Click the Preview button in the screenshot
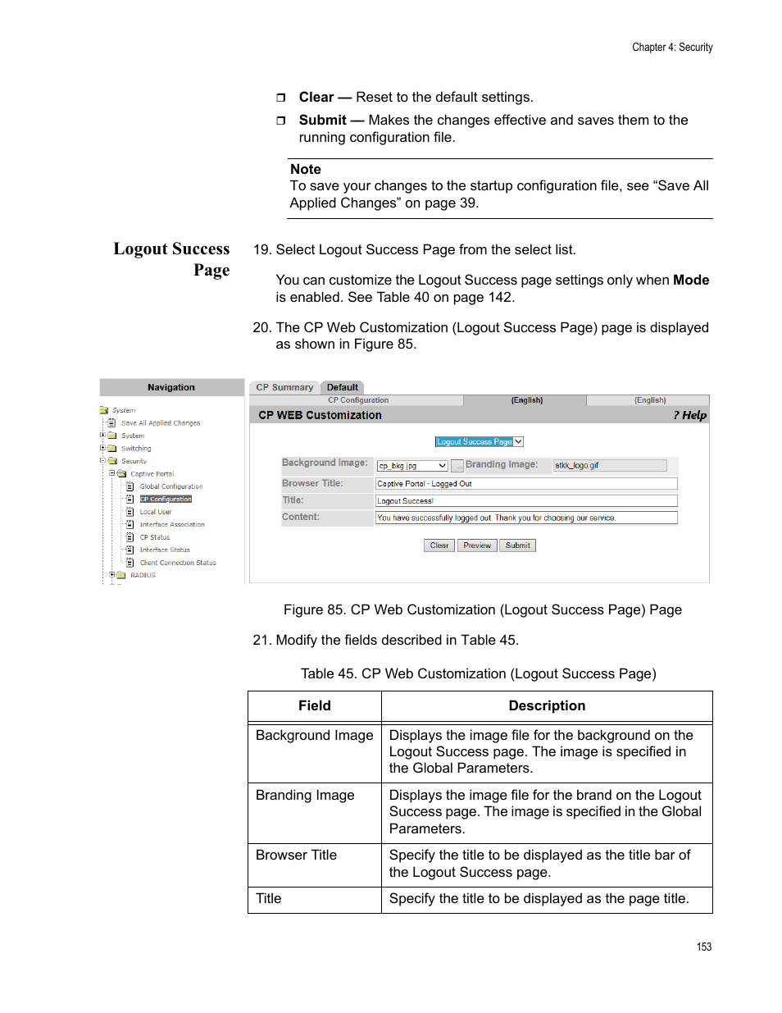pos(476,545)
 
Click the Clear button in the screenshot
pos(439,545)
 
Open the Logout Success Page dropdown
pos(479,442)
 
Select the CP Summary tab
pos(284,388)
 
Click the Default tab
pos(342,388)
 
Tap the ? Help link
pos(689,415)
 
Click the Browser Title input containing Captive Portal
pos(525,484)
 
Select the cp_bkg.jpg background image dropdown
pos(411,466)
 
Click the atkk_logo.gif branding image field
pos(609,466)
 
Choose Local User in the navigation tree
pos(155,512)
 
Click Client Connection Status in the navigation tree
pos(178,563)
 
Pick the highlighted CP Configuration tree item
pos(166,500)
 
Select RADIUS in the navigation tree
pos(143,576)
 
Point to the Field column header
pos(315,706)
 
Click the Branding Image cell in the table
pos(305,796)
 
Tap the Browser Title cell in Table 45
pos(296,856)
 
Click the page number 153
pos(704,947)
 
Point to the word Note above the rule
pos(306,170)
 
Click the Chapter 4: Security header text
pos(672,48)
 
